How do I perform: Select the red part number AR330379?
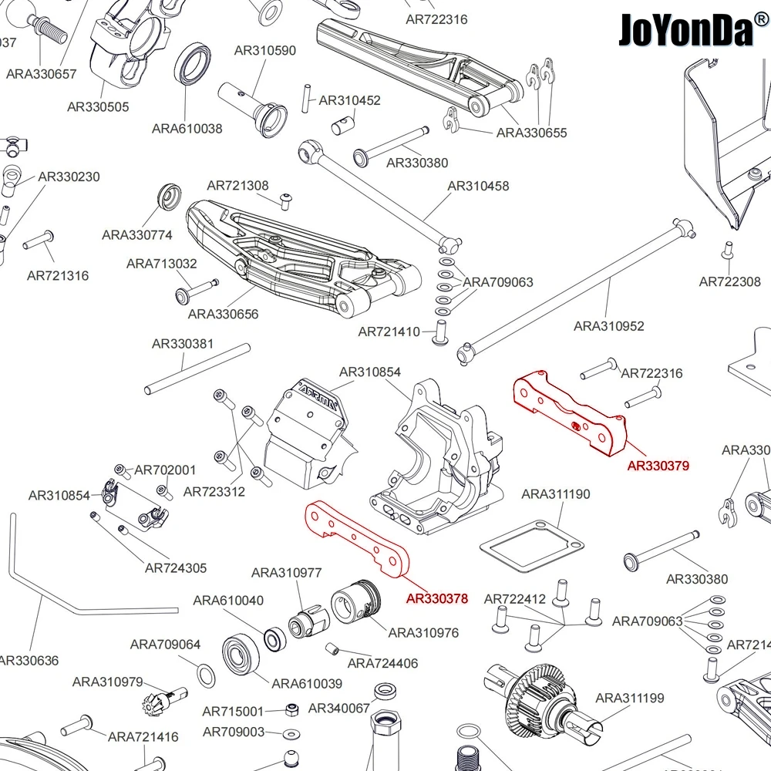coord(658,466)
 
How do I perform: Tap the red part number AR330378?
coord(437,598)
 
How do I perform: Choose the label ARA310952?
coord(608,326)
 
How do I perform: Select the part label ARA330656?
coord(223,314)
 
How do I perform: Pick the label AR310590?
coord(264,51)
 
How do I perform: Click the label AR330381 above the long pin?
coord(183,344)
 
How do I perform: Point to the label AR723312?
coord(214,492)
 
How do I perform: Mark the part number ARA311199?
coord(630,699)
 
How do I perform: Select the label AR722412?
coord(515,599)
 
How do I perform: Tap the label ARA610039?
coord(307,683)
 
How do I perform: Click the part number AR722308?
coord(729,282)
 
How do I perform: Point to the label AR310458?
coord(478,186)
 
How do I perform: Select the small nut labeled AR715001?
coord(292,709)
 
